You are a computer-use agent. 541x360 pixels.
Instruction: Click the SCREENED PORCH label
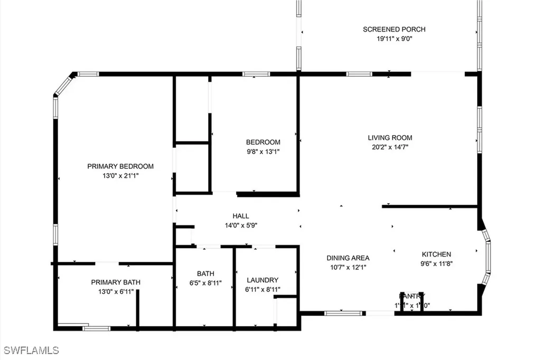394,29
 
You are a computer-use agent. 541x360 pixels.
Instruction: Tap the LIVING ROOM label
390,138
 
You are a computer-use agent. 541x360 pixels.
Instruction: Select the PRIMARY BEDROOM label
120,166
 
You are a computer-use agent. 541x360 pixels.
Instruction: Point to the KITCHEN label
436,254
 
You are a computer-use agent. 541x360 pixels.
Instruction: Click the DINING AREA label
348,258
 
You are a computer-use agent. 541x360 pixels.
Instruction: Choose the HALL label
241,216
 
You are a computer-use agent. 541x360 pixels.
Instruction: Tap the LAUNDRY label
263,280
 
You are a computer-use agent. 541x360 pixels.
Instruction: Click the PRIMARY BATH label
116,282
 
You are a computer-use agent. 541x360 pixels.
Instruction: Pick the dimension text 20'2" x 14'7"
390,147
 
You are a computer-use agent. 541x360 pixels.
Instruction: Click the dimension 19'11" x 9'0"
394,39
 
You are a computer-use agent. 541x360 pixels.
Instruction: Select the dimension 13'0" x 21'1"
120,176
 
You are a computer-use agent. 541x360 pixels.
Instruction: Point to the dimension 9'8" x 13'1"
263,151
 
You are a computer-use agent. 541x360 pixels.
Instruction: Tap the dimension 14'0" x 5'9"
241,225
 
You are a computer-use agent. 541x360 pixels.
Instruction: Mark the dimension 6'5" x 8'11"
206,283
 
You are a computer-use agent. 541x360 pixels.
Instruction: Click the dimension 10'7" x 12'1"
348,268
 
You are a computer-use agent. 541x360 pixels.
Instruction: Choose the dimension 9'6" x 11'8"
436,263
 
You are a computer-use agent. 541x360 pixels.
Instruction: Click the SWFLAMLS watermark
31,350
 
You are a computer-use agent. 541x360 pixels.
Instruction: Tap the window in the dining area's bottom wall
339,313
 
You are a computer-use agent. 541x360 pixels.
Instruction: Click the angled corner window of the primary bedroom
64,85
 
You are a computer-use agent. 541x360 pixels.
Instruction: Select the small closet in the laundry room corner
286,312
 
